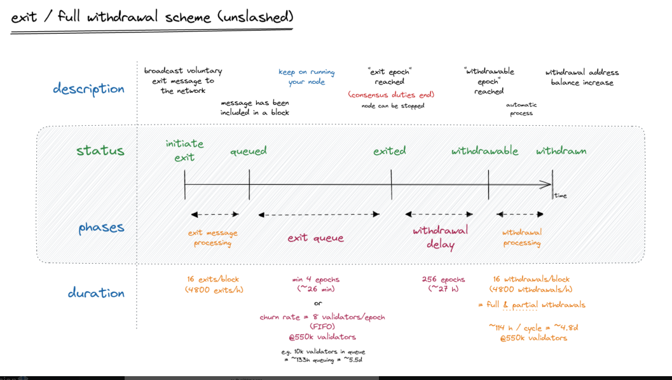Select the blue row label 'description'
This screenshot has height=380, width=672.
click(88, 88)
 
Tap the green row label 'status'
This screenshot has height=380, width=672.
click(100, 151)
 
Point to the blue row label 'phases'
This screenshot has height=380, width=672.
click(101, 227)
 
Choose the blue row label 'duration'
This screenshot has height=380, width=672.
click(96, 292)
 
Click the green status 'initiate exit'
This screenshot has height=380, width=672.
click(184, 151)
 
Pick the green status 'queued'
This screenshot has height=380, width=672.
click(248, 151)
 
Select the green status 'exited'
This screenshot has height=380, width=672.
click(390, 151)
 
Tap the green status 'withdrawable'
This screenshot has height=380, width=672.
click(485, 151)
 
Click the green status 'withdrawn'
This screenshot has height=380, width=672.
click(561, 151)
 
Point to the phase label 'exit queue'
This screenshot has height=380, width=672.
click(315, 238)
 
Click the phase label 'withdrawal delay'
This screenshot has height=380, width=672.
click(440, 237)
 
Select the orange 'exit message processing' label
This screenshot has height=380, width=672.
click(213, 238)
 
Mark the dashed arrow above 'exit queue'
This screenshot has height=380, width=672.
click(319, 215)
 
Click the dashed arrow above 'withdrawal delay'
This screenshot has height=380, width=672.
click(439, 214)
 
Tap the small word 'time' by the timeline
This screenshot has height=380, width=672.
click(560, 195)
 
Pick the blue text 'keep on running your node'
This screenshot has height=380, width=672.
click(306, 77)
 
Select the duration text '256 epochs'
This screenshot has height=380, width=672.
click(443, 279)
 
